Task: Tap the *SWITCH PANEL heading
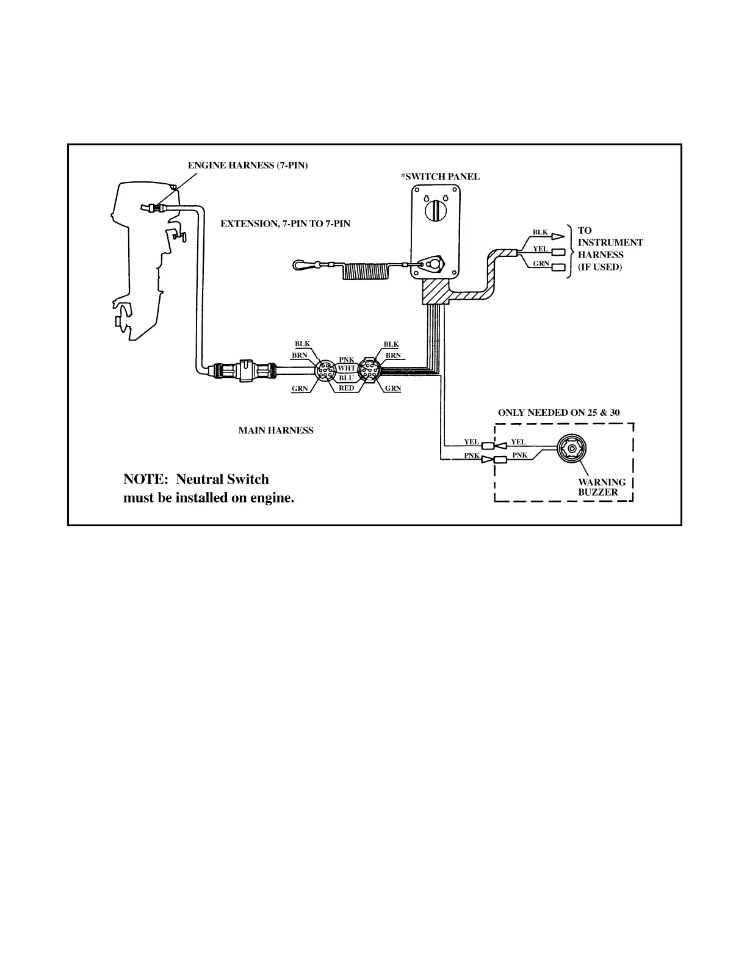pos(440,177)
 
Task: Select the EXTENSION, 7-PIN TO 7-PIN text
pos(285,223)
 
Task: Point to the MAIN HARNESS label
pos(275,430)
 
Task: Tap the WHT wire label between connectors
pos(346,368)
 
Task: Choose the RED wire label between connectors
pos(346,388)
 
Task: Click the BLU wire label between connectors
pos(346,378)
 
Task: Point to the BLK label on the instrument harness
pos(540,232)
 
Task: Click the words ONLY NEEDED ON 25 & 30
pos(558,413)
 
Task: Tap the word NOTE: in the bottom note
pos(145,479)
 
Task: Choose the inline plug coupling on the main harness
pos(244,370)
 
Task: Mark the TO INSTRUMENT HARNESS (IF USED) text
pos(609,249)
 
